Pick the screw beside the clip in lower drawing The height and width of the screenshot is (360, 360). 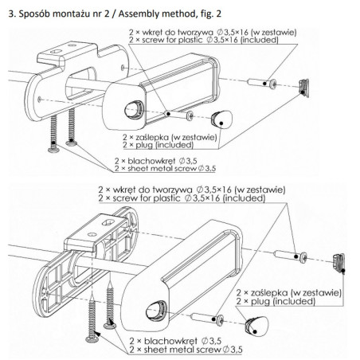289,256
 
